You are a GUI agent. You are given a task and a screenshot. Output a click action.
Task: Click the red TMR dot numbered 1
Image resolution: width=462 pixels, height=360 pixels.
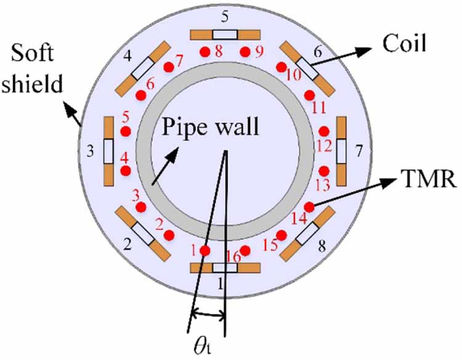(205, 250)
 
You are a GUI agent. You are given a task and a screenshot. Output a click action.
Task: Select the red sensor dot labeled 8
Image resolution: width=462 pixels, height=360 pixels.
(205, 52)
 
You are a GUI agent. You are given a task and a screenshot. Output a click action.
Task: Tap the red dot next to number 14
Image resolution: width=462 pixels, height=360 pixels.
(309, 207)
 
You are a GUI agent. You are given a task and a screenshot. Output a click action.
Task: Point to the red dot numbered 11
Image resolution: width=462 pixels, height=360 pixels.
(310, 95)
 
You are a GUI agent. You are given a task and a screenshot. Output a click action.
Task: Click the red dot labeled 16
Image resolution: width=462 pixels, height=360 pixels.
(245, 250)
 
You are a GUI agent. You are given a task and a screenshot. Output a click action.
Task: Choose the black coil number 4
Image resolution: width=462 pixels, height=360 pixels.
(128, 56)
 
